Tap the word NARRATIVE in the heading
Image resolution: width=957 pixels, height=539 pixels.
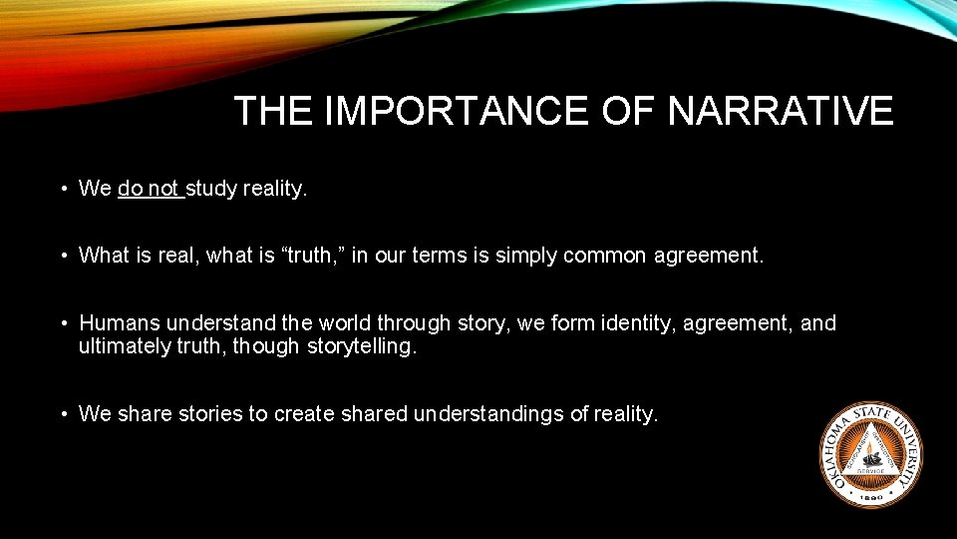781,111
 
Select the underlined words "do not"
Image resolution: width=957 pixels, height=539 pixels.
149,189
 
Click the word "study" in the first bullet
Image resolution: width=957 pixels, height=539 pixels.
212,189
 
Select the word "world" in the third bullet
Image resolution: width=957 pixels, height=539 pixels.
343,323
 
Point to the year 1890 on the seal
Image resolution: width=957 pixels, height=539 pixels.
871,495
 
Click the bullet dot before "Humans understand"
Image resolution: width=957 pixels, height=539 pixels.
62,323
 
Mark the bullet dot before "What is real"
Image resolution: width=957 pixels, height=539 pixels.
62,256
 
